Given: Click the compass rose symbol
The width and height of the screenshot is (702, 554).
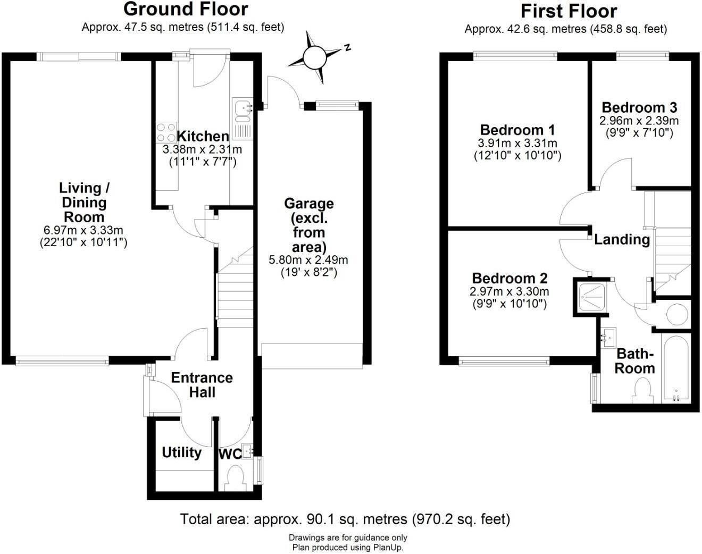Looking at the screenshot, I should coord(314,57).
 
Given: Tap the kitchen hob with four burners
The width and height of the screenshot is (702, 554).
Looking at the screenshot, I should coord(166,132).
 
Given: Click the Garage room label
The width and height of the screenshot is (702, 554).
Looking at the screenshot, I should coord(309,225).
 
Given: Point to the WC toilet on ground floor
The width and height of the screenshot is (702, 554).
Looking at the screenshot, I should coord(235,476).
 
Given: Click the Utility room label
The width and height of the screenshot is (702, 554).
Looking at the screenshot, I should coord(181,452).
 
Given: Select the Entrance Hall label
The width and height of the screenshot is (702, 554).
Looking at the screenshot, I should coord(202,385).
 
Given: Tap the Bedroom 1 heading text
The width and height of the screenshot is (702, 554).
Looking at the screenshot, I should coord(517,130).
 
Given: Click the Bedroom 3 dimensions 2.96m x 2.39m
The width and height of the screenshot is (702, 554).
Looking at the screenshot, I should coord(639,121).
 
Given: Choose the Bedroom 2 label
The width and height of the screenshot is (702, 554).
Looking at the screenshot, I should coord(509,278).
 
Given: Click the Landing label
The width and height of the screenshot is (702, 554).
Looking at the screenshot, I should coord(622,239).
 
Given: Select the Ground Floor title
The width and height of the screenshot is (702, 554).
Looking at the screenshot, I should coord(186,9).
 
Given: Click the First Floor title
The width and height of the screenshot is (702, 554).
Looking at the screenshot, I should coord(569,11).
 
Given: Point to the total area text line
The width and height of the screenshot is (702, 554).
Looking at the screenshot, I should coord(345,519).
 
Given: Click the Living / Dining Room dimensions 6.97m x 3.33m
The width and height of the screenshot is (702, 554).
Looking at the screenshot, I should coord(83,230).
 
